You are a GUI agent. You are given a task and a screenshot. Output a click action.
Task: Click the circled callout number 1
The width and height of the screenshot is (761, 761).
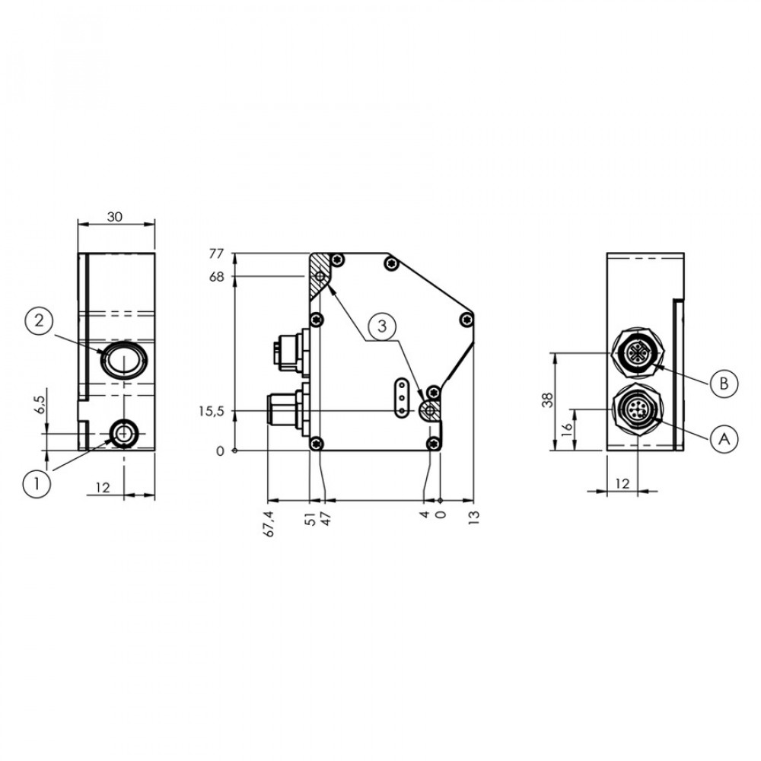click(x=37, y=484)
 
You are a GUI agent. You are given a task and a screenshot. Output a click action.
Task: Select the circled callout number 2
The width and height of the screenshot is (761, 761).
click(x=40, y=321)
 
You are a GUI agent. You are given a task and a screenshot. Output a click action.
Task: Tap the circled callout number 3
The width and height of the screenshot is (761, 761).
click(x=382, y=326)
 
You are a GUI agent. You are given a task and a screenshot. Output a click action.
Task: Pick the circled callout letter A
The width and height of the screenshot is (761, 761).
click(x=724, y=439)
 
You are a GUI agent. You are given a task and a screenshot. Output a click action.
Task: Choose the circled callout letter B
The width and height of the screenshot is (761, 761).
click(x=724, y=383)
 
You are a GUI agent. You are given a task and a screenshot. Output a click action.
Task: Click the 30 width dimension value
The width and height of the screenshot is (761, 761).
click(x=115, y=217)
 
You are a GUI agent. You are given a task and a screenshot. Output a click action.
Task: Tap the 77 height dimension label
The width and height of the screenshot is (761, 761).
click(x=216, y=254)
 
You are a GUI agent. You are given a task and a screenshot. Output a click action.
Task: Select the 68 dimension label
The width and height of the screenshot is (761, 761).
click(x=216, y=277)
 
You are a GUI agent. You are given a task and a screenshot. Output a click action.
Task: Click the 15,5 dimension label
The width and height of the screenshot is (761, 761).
click(x=211, y=412)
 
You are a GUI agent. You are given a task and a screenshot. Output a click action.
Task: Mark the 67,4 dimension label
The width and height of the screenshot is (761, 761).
click(x=270, y=524)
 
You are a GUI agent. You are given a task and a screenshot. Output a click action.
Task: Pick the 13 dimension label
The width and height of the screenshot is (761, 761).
click(x=474, y=517)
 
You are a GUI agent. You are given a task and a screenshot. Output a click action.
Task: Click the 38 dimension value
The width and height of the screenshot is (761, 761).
click(x=547, y=400)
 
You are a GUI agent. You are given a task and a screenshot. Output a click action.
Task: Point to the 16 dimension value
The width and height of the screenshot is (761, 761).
click(x=566, y=429)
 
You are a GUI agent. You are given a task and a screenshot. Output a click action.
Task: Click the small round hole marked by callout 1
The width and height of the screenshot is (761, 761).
click(x=124, y=433)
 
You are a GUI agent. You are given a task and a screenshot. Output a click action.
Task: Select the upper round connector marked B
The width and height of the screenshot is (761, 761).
click(x=637, y=354)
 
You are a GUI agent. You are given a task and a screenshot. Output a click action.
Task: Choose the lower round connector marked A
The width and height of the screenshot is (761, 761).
click(x=637, y=409)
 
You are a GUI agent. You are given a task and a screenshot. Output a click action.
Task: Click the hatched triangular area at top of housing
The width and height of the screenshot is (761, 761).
click(x=320, y=275)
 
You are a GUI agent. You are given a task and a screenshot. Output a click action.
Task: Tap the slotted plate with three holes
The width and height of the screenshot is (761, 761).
click(x=401, y=398)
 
